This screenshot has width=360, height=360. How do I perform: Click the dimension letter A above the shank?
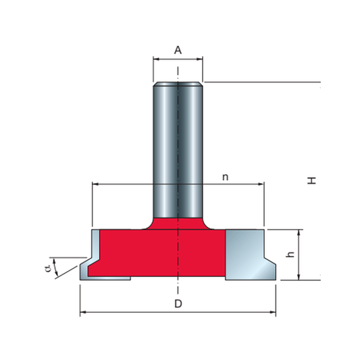click(x=178, y=50)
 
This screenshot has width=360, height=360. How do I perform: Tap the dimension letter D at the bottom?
click(x=178, y=304)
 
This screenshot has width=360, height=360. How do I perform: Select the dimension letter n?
click(x=226, y=177)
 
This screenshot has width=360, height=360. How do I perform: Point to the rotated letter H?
click(x=312, y=180)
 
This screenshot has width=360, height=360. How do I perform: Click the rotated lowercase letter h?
click(x=290, y=255)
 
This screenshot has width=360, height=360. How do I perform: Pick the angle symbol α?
click(x=48, y=268)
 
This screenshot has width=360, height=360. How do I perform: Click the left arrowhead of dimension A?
click(x=156, y=59)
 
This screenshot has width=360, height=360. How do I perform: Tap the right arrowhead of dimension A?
click(x=199, y=59)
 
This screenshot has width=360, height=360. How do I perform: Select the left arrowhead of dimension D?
click(x=83, y=312)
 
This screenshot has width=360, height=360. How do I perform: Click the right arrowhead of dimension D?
click(x=273, y=312)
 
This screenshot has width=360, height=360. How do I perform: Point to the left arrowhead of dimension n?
click(x=95, y=184)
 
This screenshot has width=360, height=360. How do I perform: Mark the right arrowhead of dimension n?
click(x=261, y=184)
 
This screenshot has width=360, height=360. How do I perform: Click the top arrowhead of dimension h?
click(x=299, y=232)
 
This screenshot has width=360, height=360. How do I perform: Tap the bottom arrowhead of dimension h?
click(x=299, y=277)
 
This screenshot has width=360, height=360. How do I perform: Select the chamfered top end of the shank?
click(x=178, y=84)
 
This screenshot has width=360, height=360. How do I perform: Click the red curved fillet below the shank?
click(x=178, y=224)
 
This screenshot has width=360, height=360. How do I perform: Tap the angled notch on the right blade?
click(x=270, y=261)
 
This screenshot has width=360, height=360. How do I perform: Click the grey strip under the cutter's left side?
click(x=108, y=278)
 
